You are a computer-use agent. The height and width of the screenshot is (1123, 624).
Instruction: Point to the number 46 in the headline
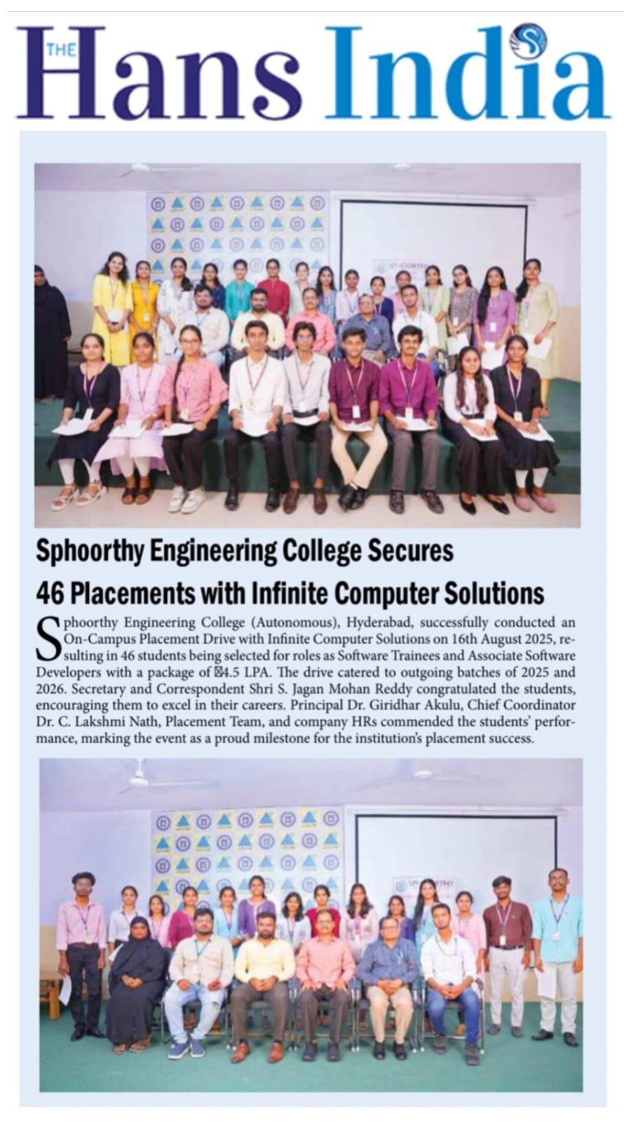pos(50,593)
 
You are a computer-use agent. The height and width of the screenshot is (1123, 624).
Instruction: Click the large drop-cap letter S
pos(47,638)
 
